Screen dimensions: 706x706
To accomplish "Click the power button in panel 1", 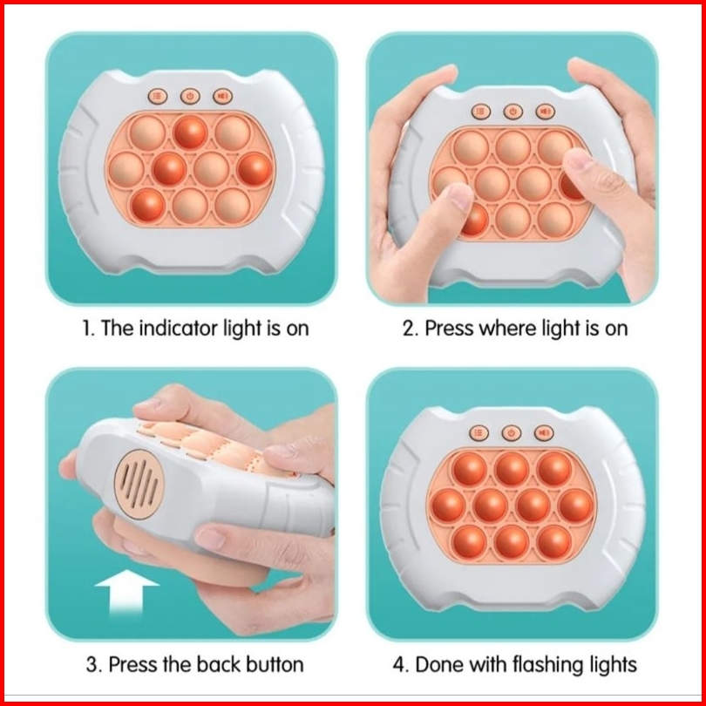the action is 190,96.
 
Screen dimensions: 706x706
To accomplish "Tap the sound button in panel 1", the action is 222,96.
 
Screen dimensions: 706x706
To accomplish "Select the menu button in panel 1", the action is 158,96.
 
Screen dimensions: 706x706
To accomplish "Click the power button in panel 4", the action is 511,433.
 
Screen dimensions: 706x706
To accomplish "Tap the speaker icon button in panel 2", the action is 545,112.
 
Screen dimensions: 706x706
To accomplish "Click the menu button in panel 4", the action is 479,433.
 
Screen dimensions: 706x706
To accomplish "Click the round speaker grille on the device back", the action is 139,485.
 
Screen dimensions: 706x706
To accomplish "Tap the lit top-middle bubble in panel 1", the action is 191,132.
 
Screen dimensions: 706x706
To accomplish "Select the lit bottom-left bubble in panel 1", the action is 147,206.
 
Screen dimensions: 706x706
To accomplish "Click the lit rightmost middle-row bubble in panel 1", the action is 255,169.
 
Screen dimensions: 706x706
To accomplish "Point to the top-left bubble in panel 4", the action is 469,469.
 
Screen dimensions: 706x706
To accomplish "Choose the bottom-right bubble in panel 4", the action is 554,541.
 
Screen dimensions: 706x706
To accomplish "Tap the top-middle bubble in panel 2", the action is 513,147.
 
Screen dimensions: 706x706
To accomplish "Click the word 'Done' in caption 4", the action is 439,664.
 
